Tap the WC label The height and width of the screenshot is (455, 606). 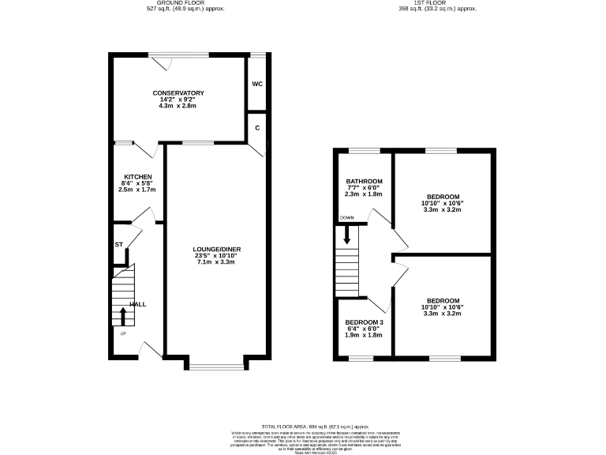(257, 84)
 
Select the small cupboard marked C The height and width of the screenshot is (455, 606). (257, 126)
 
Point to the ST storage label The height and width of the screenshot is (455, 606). (118, 245)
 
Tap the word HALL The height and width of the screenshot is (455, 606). (138, 304)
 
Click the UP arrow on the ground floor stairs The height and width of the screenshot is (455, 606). (123, 315)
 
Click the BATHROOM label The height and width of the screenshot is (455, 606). (365, 181)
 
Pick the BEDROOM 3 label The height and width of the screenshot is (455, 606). (364, 322)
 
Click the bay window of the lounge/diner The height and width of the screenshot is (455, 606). (217, 367)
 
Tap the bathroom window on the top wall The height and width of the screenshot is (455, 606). (365, 149)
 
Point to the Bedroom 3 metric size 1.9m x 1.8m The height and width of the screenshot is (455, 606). (364, 335)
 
